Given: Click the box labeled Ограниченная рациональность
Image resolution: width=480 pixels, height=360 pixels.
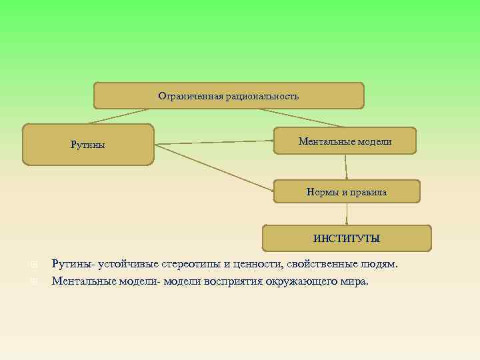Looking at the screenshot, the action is point(229,96).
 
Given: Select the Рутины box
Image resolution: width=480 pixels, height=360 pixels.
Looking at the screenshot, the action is point(88,145).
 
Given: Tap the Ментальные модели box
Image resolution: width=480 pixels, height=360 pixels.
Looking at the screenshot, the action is point(345,141).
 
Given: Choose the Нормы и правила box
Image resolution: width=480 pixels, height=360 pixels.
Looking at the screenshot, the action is point(346,192).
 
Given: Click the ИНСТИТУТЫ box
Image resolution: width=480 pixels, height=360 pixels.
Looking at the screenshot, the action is point(347,238).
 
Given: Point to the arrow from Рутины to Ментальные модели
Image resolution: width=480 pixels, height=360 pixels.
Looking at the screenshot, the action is point(213,143).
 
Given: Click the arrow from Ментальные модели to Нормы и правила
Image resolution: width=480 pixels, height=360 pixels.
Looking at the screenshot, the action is point(346,167).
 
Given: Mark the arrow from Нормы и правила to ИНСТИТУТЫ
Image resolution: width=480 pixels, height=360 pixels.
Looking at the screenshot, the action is point(347,213).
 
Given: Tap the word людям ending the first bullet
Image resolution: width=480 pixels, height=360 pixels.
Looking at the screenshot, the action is point(381,265).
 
